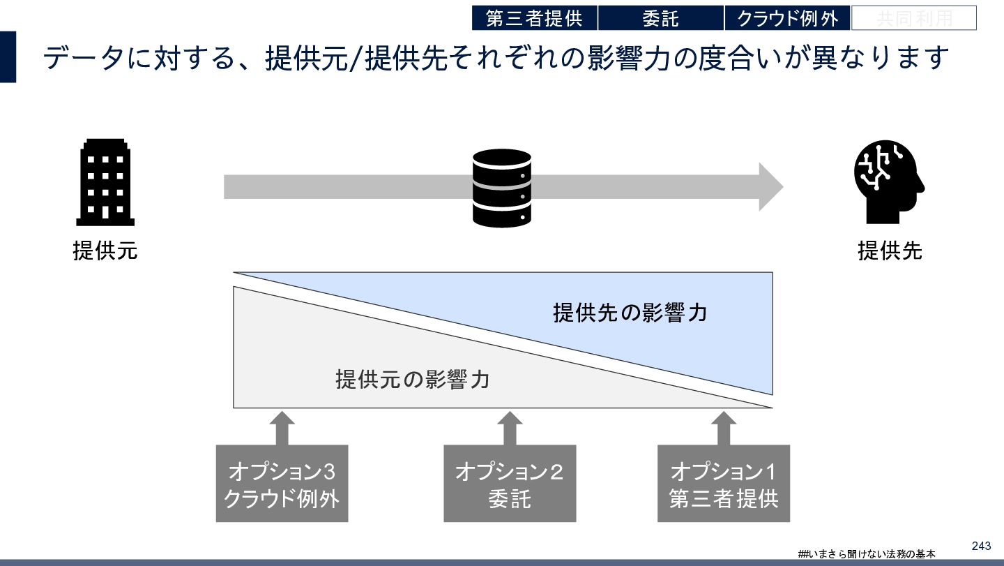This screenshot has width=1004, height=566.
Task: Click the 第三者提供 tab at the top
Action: pos(534,18)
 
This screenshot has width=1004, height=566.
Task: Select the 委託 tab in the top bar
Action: pos(660,18)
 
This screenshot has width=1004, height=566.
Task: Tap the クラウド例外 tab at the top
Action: pos(787,18)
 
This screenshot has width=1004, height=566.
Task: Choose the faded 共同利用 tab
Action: pos(913,18)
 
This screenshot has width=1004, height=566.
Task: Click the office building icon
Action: pos(105,182)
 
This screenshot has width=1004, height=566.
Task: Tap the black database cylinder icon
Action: pos(502,188)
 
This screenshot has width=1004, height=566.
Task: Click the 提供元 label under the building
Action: pos(105,251)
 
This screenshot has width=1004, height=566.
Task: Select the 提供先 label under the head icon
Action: pos(890,251)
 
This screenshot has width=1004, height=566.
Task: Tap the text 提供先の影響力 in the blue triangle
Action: pos(630,312)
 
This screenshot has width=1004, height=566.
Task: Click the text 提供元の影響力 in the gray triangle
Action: pos(412,380)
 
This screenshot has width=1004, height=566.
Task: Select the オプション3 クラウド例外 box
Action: pos(282,484)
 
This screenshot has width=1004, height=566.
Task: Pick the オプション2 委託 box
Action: pos(510,484)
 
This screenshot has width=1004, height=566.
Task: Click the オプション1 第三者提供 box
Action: pos(723,484)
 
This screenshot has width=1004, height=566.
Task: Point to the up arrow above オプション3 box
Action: pos(282,426)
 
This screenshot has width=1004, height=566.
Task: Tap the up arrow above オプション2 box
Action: pos(510,426)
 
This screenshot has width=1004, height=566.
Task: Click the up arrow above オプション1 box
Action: pos(723,426)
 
